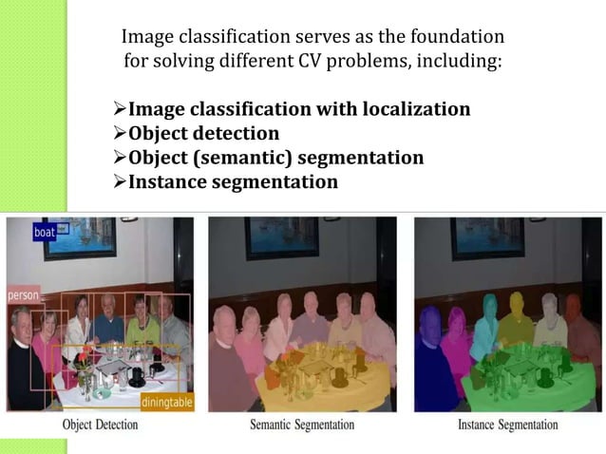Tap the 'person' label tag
pyautogui.click(x=24, y=295)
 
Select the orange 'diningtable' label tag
pyautogui.click(x=166, y=403)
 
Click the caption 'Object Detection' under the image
pyautogui.click(x=103, y=425)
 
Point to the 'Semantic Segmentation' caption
pyautogui.click(x=302, y=425)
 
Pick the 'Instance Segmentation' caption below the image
pyautogui.click(x=507, y=425)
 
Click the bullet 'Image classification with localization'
pyautogui.click(x=298, y=109)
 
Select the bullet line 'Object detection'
pyautogui.click(x=203, y=133)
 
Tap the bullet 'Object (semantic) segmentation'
pyautogui.click(x=275, y=157)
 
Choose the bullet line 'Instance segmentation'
pyautogui.click(x=233, y=180)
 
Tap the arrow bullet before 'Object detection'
pyautogui.click(x=120, y=133)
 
